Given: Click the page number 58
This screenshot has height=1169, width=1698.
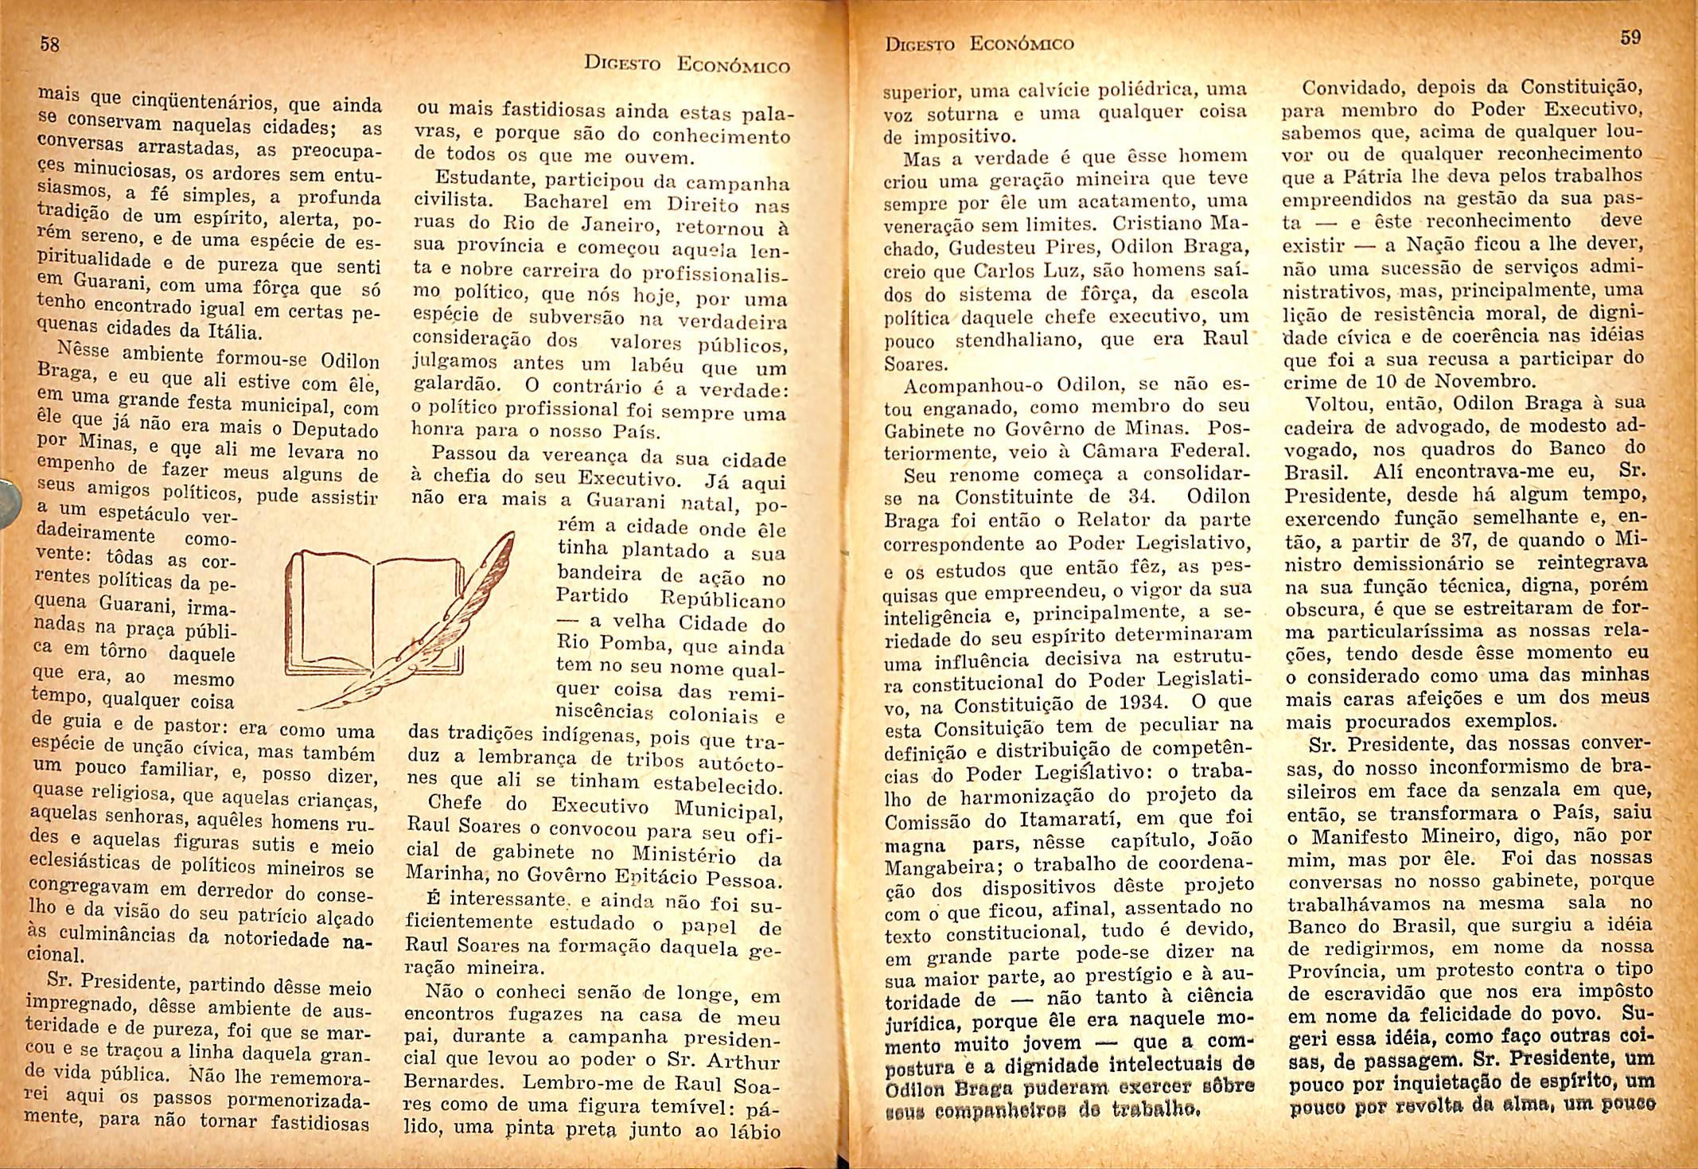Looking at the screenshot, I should (49, 45).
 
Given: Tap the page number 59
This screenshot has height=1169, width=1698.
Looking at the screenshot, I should (1630, 37).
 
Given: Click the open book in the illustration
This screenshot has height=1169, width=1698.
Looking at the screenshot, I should (374, 613).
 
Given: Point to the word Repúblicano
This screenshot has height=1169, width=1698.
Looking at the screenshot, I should (723, 598).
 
